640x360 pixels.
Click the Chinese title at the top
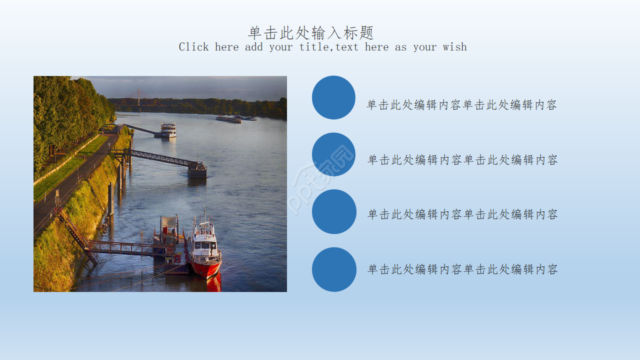[x=311, y=33]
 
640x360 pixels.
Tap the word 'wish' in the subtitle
[x=454, y=47]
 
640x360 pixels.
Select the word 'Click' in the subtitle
[x=193, y=47]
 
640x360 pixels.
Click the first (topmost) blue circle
[x=333, y=97]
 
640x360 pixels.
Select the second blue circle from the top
[x=333, y=154]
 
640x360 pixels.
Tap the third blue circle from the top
[x=334, y=211]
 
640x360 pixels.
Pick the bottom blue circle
[x=334, y=269]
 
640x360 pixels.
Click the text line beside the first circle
[x=461, y=105]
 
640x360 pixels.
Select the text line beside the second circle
[x=462, y=160]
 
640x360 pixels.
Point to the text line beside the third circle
[x=462, y=214]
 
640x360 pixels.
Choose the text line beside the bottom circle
[x=462, y=269]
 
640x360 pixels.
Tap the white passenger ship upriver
[x=168, y=130]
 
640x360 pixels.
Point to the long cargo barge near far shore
[x=229, y=119]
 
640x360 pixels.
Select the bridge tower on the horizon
[x=139, y=97]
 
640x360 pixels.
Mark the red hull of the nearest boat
[x=205, y=269]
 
